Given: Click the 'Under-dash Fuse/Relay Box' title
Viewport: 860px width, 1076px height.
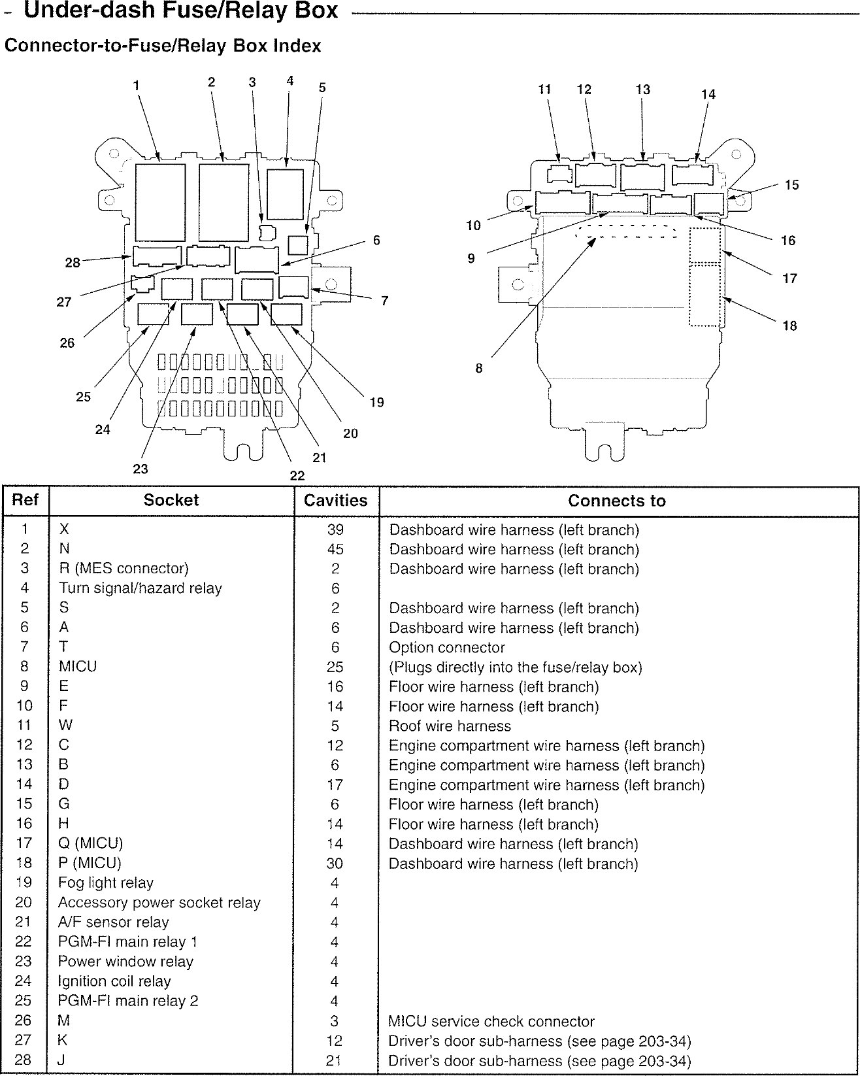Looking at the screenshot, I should coord(180,10).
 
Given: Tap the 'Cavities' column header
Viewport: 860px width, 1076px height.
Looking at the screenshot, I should coord(336,501).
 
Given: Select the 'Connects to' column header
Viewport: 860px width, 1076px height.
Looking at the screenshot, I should coord(616,501).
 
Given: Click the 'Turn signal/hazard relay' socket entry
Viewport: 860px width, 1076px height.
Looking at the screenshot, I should coord(141,588).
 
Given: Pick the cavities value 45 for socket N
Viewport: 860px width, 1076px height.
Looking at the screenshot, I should coord(335,549).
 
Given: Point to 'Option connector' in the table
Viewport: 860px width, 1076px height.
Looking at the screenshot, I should coord(447,648).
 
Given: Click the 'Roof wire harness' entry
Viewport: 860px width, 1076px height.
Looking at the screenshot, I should coord(450,726).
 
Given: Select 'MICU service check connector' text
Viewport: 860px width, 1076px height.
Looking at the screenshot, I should coord(491,1021).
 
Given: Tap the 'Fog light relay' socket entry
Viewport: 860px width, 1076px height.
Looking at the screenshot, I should coord(106,883).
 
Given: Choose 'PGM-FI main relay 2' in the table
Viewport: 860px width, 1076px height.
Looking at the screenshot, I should coord(128,1001).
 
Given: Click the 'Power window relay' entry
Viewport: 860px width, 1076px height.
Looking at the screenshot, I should coord(125,962).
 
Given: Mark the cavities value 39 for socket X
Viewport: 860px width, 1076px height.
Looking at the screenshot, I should coord(335,530).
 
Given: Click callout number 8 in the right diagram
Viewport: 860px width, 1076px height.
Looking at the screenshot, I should coord(479,369).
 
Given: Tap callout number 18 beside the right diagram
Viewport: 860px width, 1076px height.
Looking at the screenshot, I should coord(790,326).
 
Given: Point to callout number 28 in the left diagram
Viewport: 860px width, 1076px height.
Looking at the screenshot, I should coord(73,263).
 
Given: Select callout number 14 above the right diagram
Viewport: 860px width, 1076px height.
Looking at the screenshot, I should coord(708,94).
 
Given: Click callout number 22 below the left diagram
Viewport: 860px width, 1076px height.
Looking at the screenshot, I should coord(297,476).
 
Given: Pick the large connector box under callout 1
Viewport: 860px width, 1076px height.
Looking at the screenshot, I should coord(160,203).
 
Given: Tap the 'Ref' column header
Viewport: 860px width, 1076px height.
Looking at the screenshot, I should coord(25,500).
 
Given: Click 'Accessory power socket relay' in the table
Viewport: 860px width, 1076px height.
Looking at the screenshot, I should coord(159,903).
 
